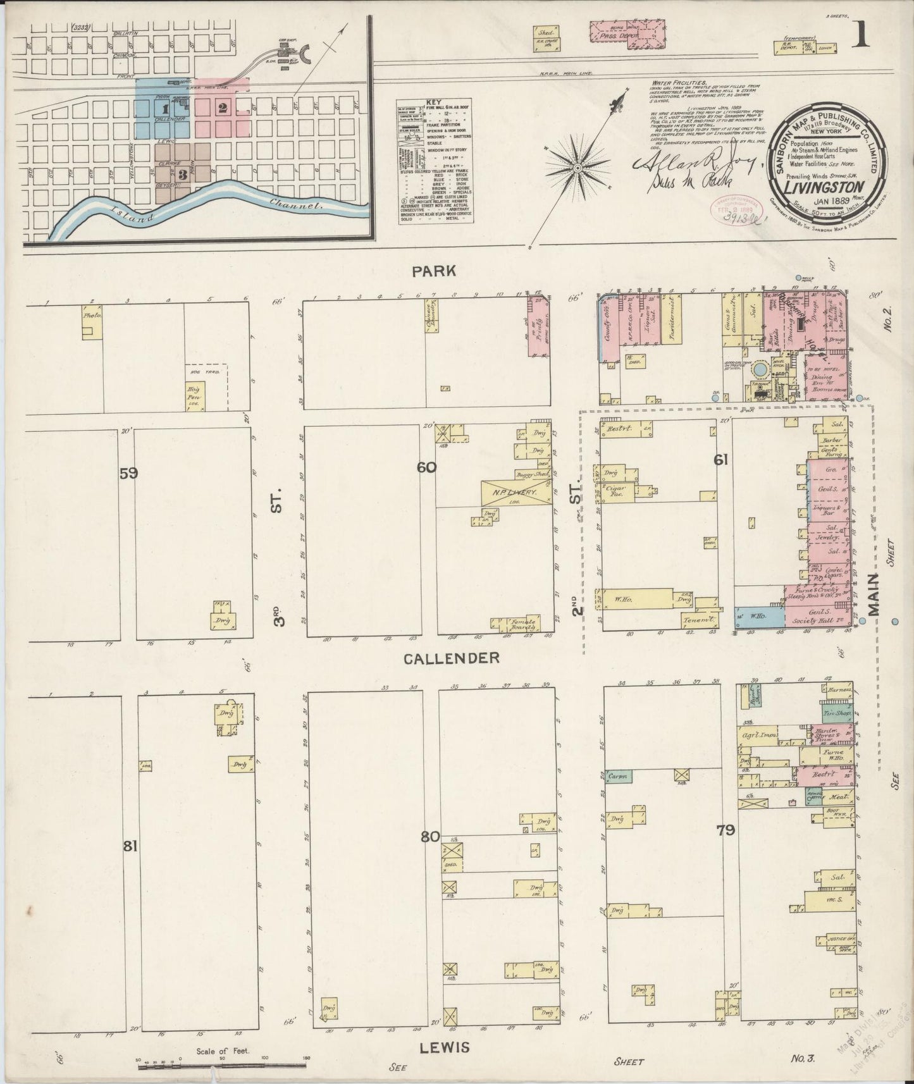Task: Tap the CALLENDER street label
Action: click(452, 658)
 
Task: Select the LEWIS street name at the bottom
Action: click(445, 1047)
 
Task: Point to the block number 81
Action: click(130, 846)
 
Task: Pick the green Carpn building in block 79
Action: click(617, 775)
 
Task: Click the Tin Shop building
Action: click(836, 712)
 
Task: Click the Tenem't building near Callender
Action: click(700, 620)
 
